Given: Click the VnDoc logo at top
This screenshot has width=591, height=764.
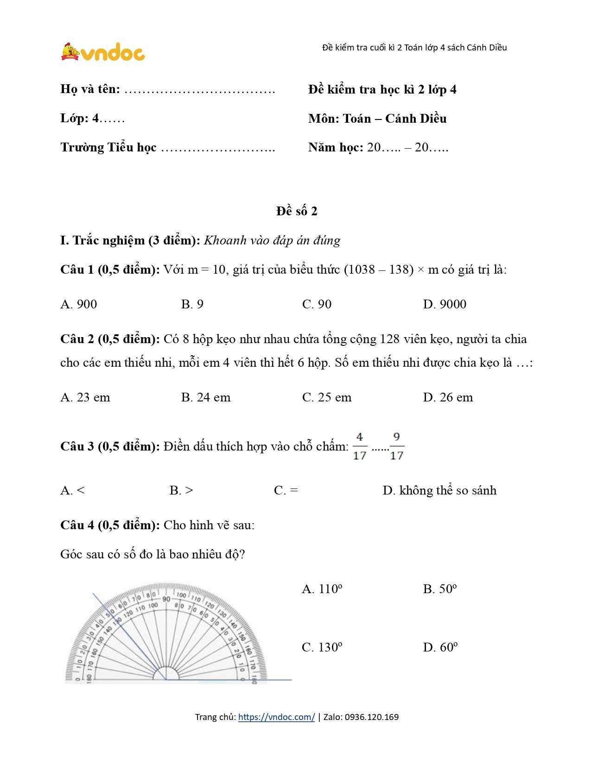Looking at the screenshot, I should pos(103,52).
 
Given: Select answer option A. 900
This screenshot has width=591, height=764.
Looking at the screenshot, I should pos(79,304).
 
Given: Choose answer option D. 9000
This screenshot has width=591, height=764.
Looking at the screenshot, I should pos(445,304).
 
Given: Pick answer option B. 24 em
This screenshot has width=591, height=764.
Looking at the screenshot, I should pos(205,397).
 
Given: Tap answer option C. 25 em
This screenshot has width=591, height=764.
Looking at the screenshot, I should pos(327,397).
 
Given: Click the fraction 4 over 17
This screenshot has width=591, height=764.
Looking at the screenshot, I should pos(360,446).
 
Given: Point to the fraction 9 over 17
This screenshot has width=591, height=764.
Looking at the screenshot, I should pos(397,446).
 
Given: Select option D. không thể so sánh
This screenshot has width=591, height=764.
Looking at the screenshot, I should pos(439,490).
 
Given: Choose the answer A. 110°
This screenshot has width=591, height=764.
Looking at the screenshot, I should pos(322,589).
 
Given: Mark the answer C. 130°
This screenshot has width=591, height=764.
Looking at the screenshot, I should pos(322,647).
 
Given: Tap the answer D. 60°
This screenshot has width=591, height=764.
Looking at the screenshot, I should pos(440,647).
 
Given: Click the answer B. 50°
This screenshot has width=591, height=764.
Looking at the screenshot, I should pos(440,589).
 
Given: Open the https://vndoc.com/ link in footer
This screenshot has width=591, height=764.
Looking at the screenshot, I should pos(276,717).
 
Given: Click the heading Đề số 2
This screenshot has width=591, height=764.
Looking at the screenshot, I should pos(297,211).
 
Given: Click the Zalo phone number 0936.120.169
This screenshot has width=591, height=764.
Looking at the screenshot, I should pos(372,717).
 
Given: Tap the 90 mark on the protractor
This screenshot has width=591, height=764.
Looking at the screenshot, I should pos(166,599).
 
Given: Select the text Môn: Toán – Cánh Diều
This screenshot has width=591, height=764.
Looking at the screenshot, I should pos(377,119).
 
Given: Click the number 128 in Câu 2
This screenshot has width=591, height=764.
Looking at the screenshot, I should pos(389,339).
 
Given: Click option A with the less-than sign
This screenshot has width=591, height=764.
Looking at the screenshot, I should pos(73,490).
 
